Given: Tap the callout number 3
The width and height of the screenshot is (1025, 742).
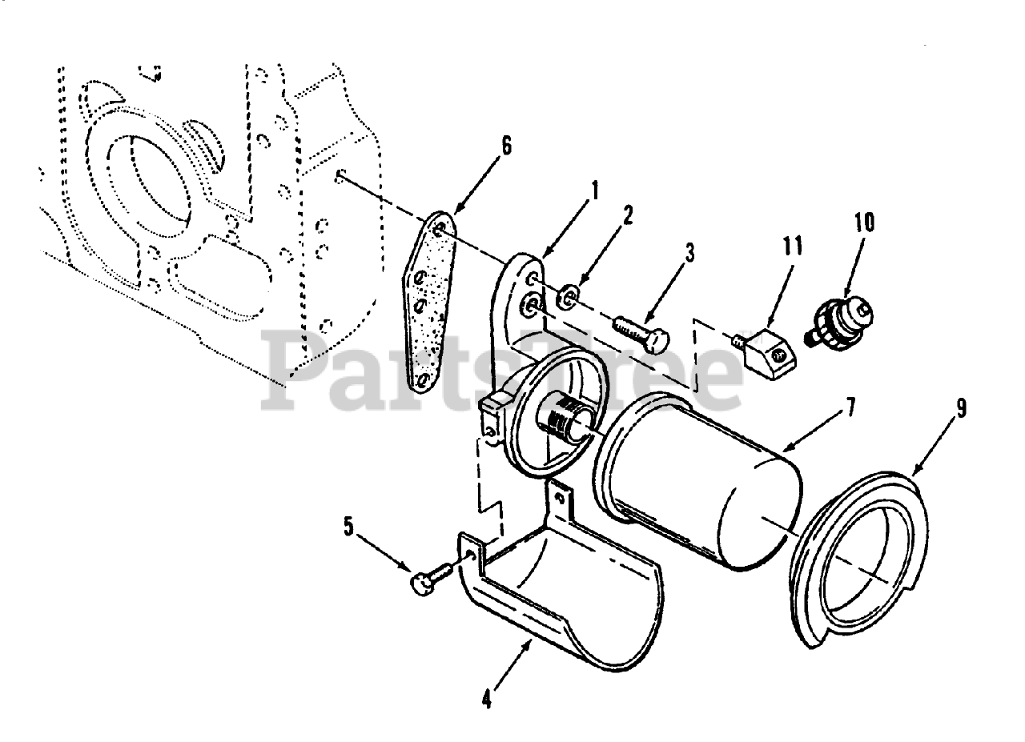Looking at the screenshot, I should (690, 254).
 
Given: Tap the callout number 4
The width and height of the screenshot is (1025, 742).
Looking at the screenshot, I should (486, 699).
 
